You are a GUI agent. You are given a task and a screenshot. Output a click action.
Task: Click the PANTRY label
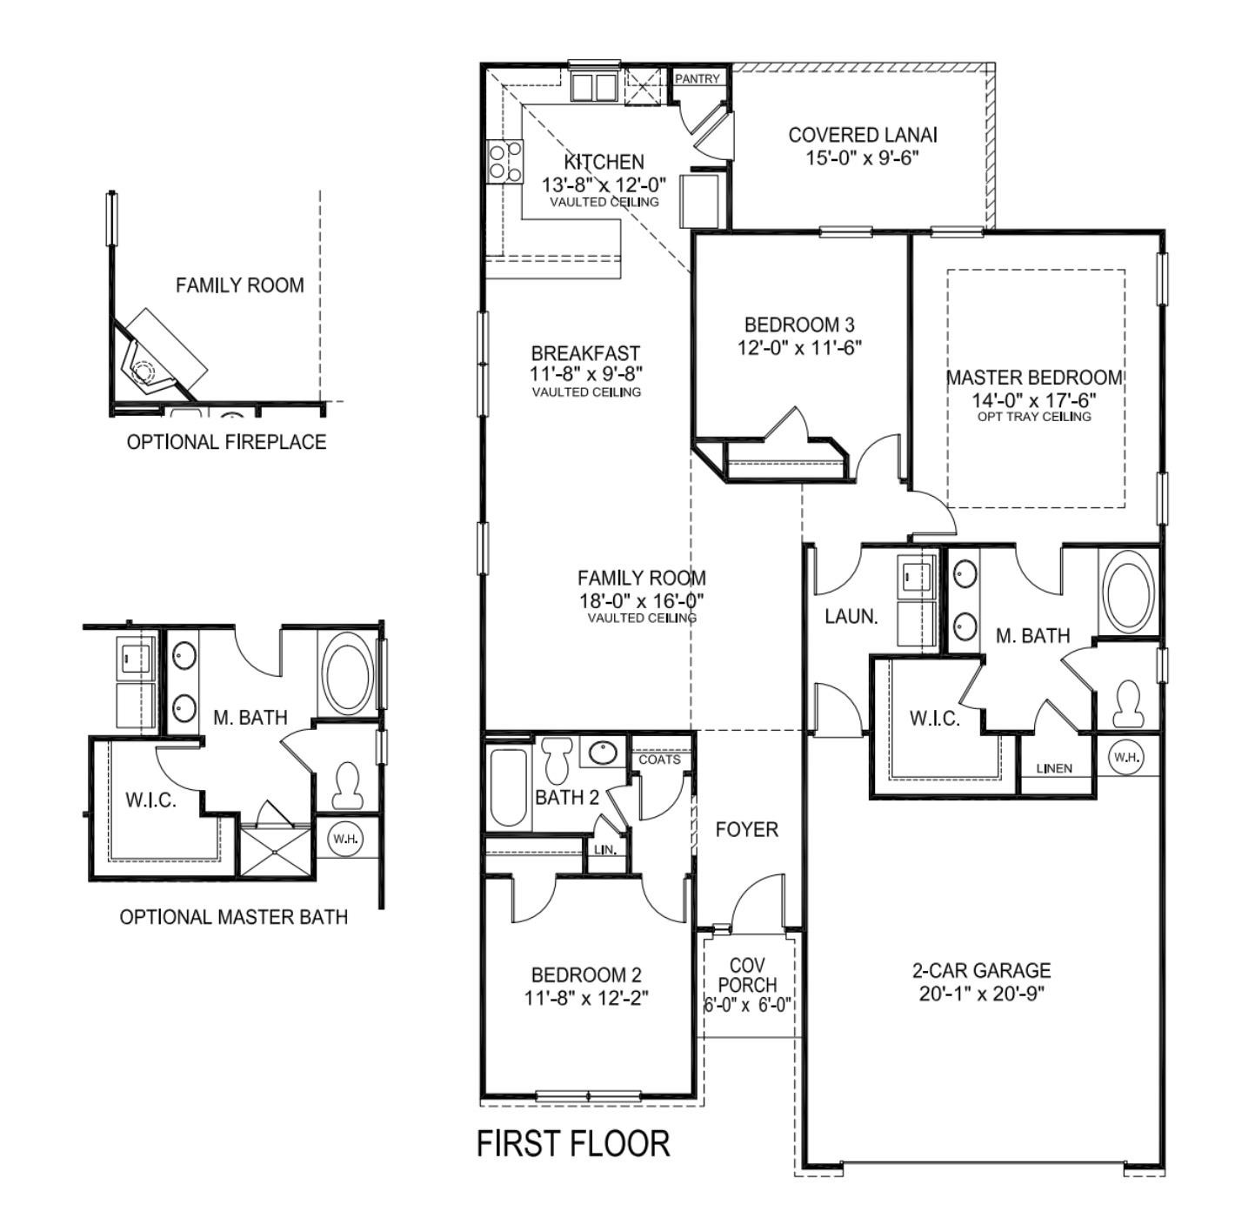(x=698, y=78)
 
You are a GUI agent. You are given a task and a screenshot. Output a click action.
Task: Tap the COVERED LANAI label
(x=862, y=135)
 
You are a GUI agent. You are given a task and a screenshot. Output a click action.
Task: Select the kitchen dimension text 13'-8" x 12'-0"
(x=604, y=184)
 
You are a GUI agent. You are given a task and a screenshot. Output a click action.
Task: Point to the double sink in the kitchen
(x=593, y=87)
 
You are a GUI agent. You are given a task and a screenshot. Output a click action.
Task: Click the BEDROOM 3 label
(x=798, y=325)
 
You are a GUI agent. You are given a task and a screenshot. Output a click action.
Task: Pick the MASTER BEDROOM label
(x=1033, y=378)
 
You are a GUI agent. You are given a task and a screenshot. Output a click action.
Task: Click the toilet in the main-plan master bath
(x=1127, y=703)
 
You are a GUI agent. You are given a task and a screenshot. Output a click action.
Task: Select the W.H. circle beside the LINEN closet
(x=1126, y=757)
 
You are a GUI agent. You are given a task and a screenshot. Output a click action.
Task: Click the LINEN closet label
(x=1054, y=768)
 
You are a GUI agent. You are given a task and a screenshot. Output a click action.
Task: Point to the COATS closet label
(x=659, y=760)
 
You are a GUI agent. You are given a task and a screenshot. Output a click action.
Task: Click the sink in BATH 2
(x=599, y=753)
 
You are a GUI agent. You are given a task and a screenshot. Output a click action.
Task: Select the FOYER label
(x=746, y=830)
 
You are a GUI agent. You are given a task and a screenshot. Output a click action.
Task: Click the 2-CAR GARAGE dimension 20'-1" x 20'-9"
(x=981, y=994)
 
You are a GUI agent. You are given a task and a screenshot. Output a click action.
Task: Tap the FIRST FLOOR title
(x=573, y=1143)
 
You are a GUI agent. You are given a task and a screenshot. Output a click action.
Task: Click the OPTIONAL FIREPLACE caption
(x=226, y=442)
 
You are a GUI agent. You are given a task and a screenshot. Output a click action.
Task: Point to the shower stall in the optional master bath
(x=275, y=853)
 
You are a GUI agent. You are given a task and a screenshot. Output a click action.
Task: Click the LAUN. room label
(x=851, y=617)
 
